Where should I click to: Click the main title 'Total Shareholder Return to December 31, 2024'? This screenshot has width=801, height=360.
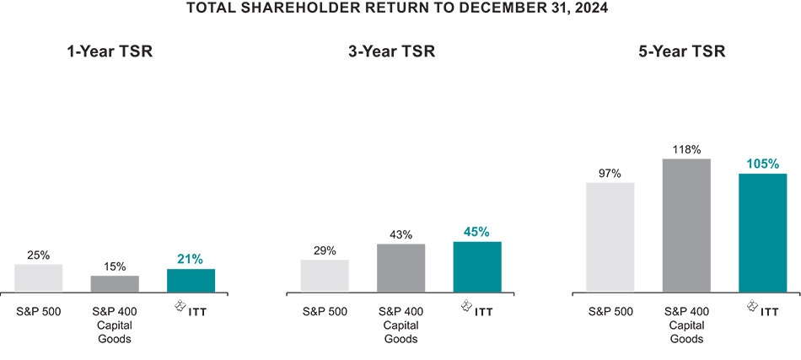point(400,9)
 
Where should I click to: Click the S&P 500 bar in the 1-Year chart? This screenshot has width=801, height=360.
point(39,278)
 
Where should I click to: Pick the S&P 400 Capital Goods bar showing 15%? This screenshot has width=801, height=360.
point(115,283)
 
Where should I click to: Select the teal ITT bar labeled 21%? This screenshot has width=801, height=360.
point(191,280)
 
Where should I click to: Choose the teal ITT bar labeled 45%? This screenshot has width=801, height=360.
point(476,266)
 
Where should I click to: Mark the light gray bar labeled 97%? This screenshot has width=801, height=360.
point(610,237)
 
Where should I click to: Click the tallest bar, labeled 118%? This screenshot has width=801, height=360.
point(686,225)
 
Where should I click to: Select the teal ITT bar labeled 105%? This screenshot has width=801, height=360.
point(762,233)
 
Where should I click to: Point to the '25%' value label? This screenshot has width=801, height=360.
point(39,255)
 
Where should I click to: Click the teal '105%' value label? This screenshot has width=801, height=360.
point(762,164)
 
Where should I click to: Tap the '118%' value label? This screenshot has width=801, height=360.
point(686,149)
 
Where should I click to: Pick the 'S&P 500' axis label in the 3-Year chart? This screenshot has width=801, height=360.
point(325,312)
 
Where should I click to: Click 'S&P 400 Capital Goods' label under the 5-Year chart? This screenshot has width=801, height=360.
point(686,325)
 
